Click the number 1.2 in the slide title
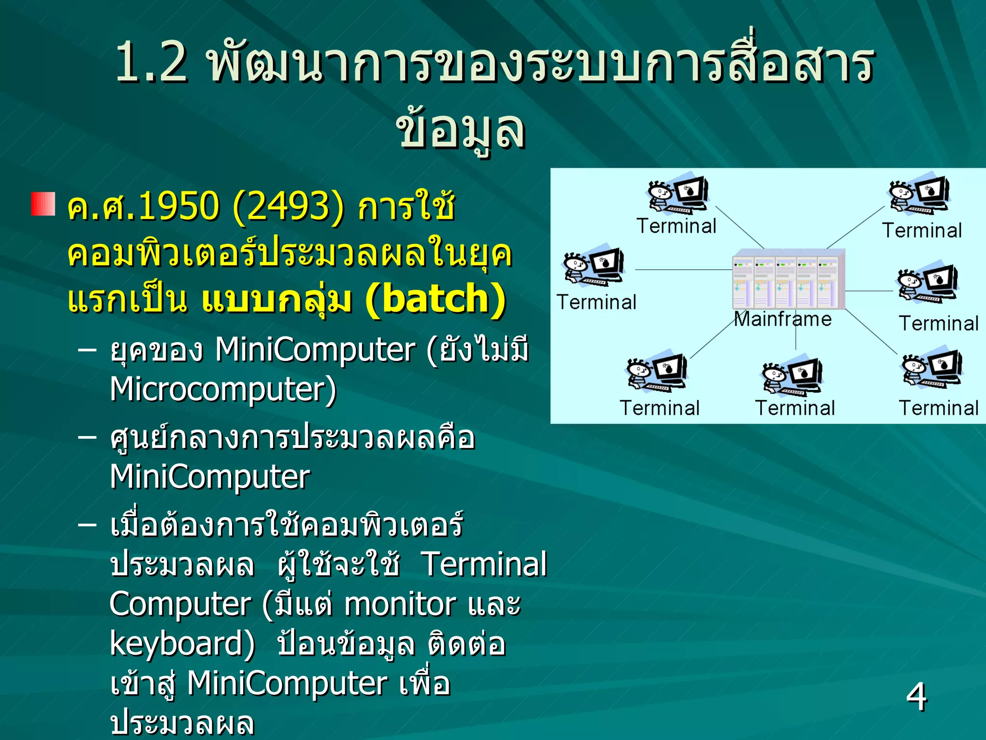point(151,63)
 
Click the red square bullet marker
point(43,204)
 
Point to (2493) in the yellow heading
point(288,206)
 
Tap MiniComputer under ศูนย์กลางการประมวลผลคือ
point(210,477)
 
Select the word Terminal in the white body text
point(484,564)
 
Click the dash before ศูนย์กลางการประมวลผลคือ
point(87,437)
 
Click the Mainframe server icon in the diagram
point(789,279)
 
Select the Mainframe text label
point(783,319)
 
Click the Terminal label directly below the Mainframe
point(794,408)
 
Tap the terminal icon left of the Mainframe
point(594,266)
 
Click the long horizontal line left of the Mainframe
point(684,270)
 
